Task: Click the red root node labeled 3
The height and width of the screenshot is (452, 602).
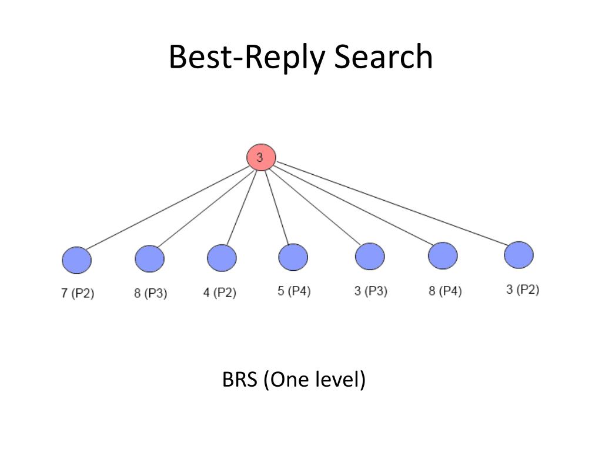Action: pyautogui.click(x=260, y=158)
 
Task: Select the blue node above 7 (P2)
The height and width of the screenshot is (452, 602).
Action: pyautogui.click(x=76, y=261)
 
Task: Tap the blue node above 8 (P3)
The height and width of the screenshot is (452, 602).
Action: pyautogui.click(x=149, y=258)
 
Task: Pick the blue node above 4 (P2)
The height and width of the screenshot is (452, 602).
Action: pyautogui.click(x=222, y=258)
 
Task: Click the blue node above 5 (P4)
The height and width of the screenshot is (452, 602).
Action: pyautogui.click(x=293, y=257)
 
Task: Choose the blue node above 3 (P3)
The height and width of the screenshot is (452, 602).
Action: pyautogui.click(x=370, y=257)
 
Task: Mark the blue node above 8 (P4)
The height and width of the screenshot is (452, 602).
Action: pyautogui.click(x=443, y=255)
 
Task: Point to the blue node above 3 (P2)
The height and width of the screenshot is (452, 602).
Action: pyautogui.click(x=519, y=254)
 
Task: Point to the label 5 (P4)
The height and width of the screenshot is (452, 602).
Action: pyautogui.click(x=294, y=291)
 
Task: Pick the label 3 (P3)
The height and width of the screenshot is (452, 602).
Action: pyautogui.click(x=370, y=291)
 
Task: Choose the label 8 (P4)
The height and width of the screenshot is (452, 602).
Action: pyautogui.click(x=444, y=291)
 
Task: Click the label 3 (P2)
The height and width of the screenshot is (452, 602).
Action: pyautogui.click(x=522, y=290)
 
